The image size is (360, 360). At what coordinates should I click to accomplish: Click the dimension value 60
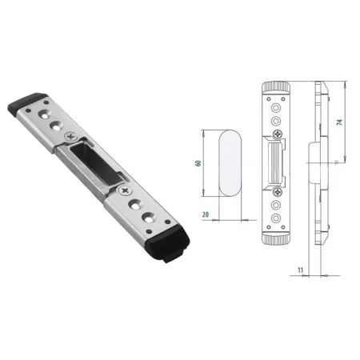(198, 163)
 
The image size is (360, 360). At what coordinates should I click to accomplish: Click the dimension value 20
(206, 214)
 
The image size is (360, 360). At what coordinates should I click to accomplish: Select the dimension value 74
(339, 122)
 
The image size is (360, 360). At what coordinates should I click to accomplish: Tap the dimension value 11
(301, 270)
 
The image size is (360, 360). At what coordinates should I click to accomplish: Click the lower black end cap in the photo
(169, 244)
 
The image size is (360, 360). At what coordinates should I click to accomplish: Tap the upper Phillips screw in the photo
(71, 137)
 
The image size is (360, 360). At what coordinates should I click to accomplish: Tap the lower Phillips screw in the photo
(125, 190)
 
